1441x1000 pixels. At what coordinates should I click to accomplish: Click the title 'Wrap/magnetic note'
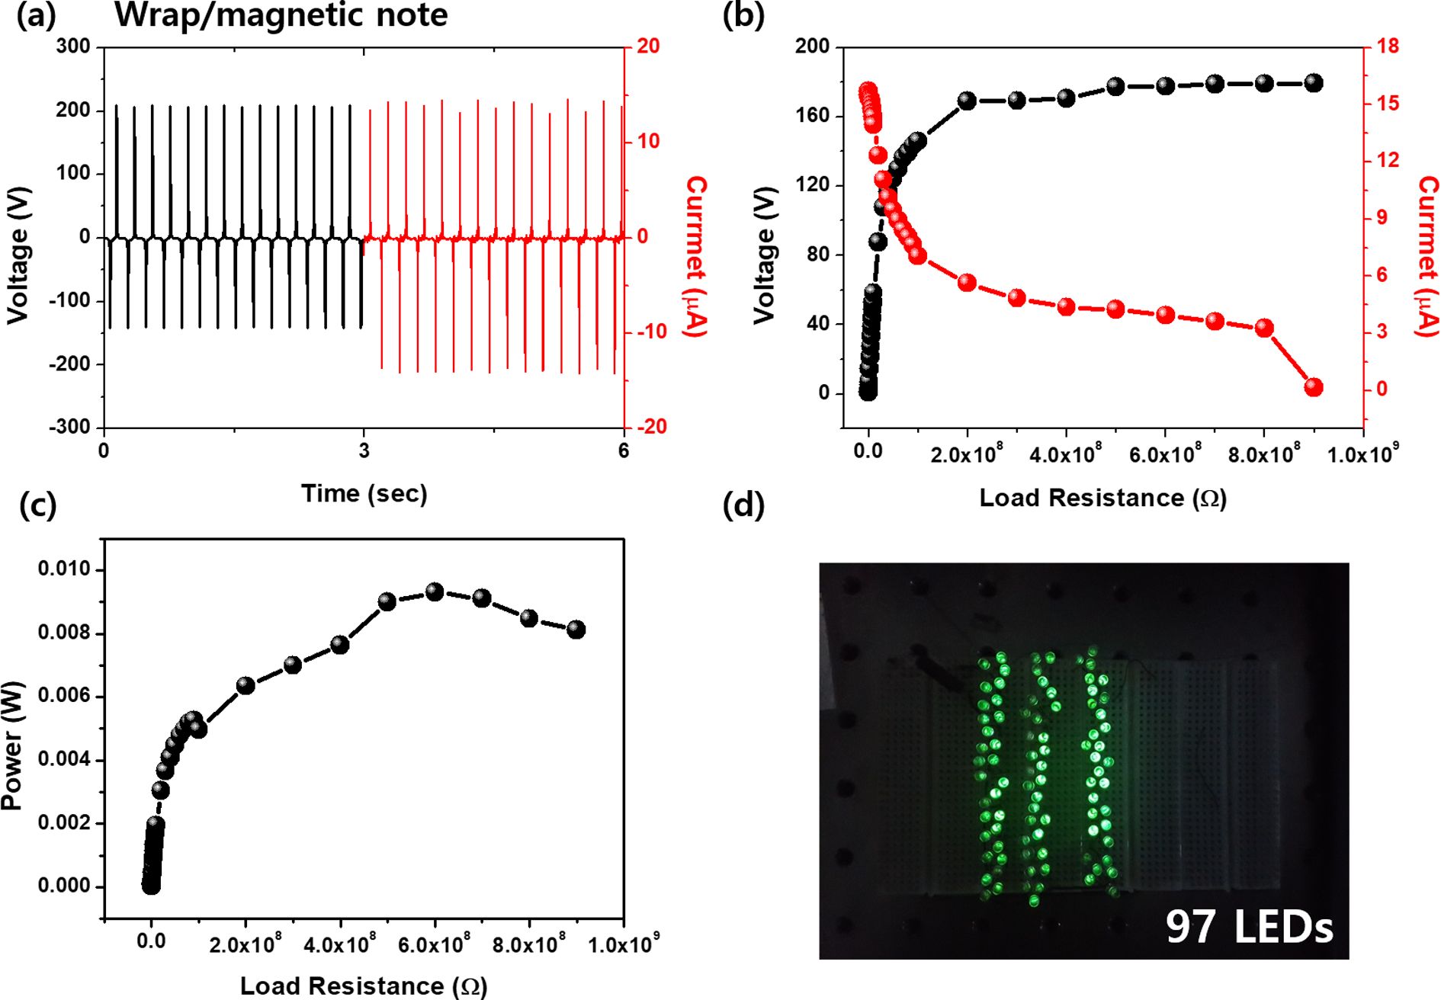tap(281, 15)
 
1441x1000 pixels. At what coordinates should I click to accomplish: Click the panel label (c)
tap(38, 505)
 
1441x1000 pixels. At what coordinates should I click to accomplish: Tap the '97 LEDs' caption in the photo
tap(1249, 927)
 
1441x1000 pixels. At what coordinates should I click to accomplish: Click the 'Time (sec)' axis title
tap(364, 494)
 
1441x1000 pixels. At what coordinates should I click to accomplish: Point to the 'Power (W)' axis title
tap(13, 745)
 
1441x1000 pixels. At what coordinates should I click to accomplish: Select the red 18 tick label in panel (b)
tap(1388, 46)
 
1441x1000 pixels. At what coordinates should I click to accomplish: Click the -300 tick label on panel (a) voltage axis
tap(69, 427)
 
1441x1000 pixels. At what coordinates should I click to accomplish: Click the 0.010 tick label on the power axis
tap(64, 569)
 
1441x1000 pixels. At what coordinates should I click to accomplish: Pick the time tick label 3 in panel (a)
tap(364, 450)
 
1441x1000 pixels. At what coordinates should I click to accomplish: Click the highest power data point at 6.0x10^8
tap(435, 591)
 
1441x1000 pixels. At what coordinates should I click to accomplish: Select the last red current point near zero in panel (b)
tap(1313, 387)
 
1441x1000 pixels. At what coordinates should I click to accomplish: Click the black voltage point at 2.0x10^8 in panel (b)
tap(967, 101)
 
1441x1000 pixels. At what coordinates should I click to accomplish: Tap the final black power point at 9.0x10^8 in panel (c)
tap(576, 630)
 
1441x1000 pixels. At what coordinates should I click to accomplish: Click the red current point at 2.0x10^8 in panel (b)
tap(967, 283)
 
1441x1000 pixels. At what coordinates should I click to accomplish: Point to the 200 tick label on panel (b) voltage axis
tap(812, 46)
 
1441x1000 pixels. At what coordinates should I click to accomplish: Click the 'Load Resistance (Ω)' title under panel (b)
tap(1102, 498)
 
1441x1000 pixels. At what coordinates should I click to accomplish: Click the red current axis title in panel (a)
tap(695, 256)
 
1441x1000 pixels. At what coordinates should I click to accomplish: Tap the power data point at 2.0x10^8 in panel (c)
tap(246, 685)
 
